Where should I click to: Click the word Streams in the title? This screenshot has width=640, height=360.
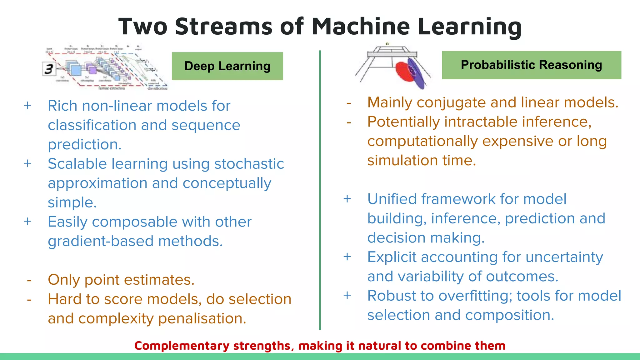pos(224,26)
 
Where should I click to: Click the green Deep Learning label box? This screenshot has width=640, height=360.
pos(227,66)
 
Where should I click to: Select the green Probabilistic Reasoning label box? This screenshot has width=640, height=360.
pos(531,65)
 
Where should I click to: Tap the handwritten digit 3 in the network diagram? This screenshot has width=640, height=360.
pos(49,69)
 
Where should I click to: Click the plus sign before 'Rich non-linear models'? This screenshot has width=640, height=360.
pos(28,106)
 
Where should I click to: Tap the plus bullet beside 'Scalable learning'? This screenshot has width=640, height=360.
pos(28,163)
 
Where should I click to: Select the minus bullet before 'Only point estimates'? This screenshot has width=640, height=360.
pos(29,280)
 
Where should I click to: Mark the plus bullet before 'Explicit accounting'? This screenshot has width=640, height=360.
pos(347,257)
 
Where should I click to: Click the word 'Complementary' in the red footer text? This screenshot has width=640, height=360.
pos(182,346)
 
